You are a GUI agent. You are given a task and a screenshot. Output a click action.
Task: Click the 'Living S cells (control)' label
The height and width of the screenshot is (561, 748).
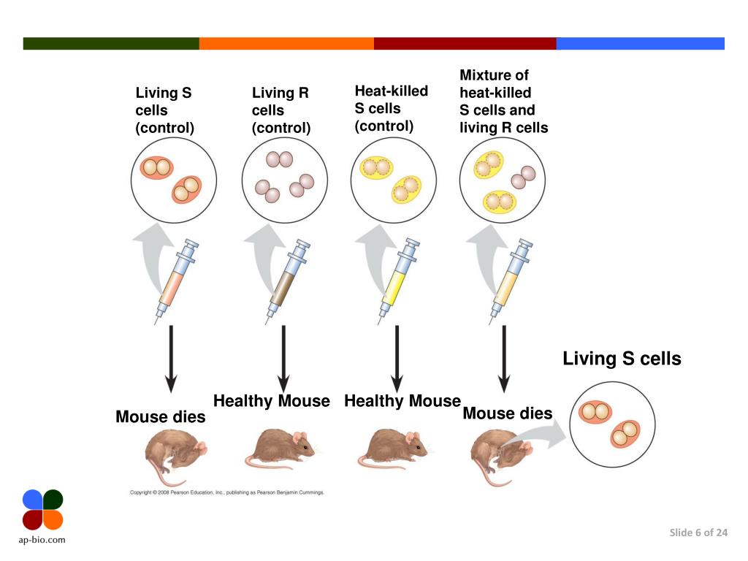[x=165, y=110]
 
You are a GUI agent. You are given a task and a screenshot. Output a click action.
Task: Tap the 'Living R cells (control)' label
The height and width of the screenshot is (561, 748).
[x=281, y=110]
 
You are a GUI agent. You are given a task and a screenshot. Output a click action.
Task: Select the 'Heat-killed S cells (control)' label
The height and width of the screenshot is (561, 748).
[x=391, y=108]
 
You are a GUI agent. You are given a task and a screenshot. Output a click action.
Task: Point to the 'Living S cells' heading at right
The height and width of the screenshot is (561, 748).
[x=622, y=359]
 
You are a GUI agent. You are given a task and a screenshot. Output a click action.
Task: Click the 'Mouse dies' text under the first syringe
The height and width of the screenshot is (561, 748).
[x=161, y=417]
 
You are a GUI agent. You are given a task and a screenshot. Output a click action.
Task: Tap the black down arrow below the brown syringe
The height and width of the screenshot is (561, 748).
[x=283, y=358]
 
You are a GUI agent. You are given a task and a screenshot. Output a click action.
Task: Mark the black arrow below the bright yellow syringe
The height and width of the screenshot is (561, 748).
[x=397, y=358]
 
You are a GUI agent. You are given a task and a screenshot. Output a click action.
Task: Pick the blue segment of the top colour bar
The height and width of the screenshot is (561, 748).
[x=640, y=43]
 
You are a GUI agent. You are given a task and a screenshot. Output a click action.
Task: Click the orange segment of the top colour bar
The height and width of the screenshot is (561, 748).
[x=286, y=43]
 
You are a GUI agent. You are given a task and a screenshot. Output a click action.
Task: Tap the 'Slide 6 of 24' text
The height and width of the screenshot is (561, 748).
[x=698, y=533]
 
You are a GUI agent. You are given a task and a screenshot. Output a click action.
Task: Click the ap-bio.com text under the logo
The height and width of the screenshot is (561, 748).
[x=42, y=540]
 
